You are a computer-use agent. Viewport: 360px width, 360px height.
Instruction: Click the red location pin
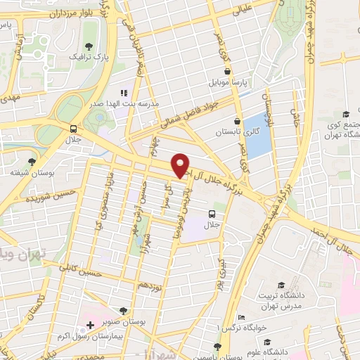(181, 165)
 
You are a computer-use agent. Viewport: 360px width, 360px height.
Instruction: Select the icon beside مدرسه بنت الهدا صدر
(124, 93)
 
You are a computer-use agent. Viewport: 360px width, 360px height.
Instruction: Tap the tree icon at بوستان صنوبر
(124, 310)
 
